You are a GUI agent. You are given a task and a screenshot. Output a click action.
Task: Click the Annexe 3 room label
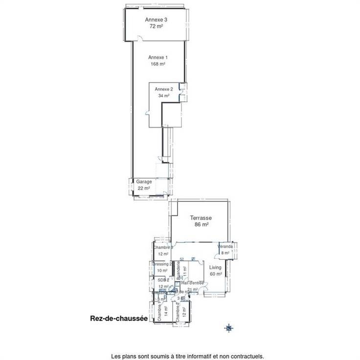tap(157, 20)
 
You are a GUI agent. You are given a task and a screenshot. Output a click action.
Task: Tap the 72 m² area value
tap(157, 26)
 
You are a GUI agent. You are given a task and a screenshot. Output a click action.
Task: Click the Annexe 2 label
tap(164, 90)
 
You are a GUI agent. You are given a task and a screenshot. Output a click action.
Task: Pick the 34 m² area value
tap(164, 96)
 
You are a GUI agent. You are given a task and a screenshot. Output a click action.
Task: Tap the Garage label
tap(144, 181)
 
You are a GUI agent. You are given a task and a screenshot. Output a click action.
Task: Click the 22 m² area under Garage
tap(144, 188)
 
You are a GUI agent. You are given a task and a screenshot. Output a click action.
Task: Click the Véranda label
tap(225, 247)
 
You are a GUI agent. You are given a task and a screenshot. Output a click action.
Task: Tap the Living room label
tap(216, 268)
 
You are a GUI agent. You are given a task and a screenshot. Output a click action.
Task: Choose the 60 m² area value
tap(216, 274)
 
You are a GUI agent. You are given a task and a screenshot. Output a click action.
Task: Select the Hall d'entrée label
tap(192, 283)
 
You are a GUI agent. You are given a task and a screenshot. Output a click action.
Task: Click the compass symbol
tap(228, 328)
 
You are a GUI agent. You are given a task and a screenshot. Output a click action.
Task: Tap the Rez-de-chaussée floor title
tap(119, 318)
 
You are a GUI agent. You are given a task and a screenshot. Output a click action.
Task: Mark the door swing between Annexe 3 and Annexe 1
tap(140, 40)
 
